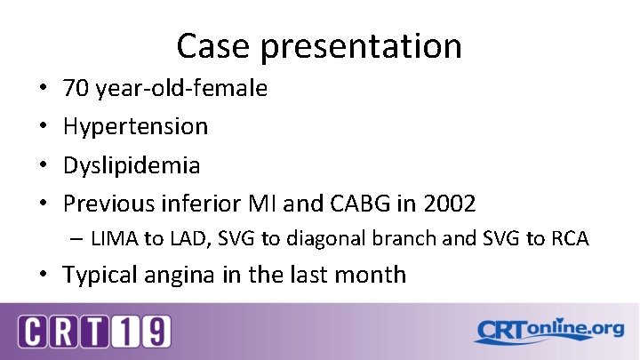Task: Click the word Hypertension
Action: click(x=135, y=127)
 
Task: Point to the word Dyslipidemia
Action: click(x=132, y=165)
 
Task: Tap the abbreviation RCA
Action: click(x=570, y=239)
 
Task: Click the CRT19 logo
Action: click(x=95, y=332)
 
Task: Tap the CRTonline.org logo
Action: click(x=548, y=331)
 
